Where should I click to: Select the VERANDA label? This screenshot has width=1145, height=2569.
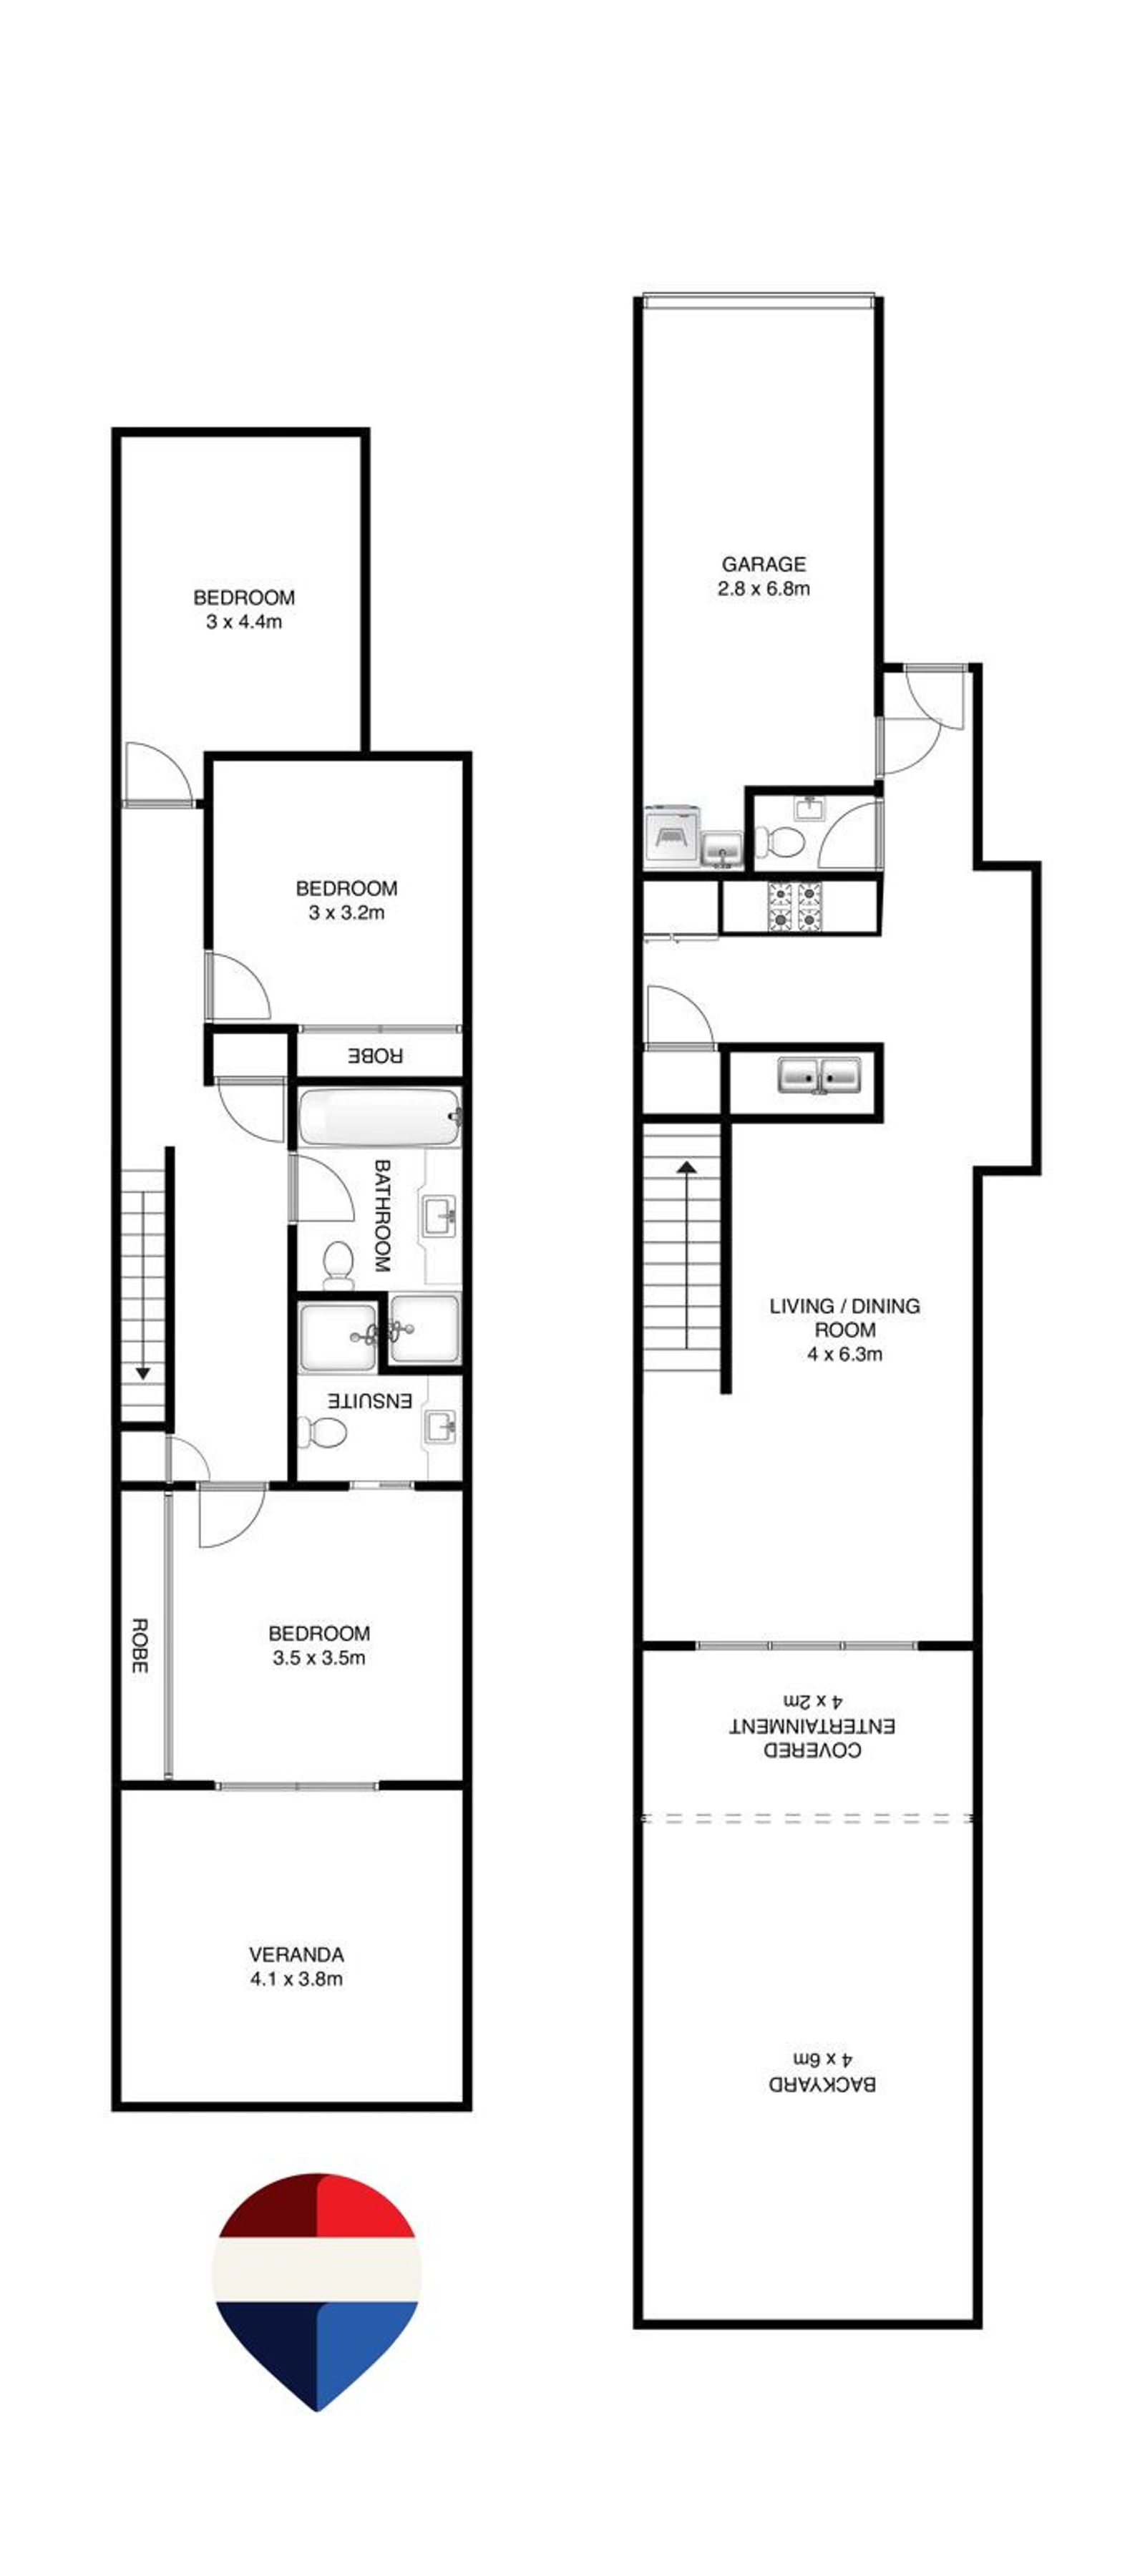[296, 1955]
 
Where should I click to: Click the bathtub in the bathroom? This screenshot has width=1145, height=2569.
[379, 1117]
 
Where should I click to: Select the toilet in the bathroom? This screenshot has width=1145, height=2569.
[338, 1262]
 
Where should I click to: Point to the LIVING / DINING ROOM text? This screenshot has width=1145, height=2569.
[844, 1317]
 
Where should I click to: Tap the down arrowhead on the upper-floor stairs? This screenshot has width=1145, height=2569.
[142, 1374]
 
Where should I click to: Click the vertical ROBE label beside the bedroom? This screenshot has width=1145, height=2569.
[140, 1645]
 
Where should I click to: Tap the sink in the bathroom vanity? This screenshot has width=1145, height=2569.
[440, 1216]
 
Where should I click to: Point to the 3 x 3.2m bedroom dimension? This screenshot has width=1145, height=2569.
[346, 912]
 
